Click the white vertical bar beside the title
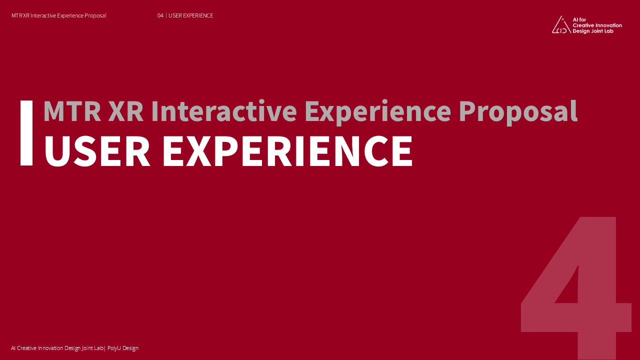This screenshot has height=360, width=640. point(26,133)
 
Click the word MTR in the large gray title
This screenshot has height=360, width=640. point(72,111)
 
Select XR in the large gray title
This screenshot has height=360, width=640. point(125,111)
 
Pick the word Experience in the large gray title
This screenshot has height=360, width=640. point(378,112)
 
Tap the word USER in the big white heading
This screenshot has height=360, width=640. point(97,151)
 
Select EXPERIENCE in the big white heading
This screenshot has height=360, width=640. point(287,151)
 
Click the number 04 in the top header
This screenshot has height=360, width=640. point(160,15)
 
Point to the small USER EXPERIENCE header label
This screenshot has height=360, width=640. point(191,15)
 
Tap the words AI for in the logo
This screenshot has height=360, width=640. point(579,19)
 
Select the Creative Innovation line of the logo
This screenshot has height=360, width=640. point(597,25)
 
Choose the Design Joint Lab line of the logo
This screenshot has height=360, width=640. point(593,31)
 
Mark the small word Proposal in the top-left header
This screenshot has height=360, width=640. point(95,15)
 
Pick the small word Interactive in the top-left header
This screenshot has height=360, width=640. point(43,15)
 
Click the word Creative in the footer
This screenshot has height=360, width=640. point(27,348)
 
